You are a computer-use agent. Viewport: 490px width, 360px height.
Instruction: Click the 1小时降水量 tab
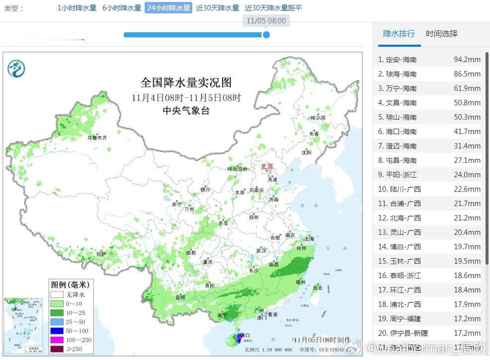tap(77, 8)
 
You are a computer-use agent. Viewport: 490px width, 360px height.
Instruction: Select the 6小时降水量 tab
tap(122, 8)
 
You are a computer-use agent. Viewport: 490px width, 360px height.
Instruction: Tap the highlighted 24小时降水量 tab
tap(168, 8)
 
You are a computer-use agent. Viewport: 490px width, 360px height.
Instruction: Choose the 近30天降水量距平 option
tap(273, 8)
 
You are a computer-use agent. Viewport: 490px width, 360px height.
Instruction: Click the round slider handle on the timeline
tap(266, 35)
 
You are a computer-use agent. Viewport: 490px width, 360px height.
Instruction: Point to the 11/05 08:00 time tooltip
tap(266, 21)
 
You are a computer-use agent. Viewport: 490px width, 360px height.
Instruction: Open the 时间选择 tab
tap(441, 34)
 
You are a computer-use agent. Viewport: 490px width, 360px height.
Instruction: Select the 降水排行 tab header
tap(399, 34)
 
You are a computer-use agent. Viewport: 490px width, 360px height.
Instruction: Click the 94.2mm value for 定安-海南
tap(467, 60)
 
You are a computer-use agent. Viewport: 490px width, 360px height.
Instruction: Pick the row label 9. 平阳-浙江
tap(397, 175)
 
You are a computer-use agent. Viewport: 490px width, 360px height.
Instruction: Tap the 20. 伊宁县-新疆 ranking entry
tap(403, 333)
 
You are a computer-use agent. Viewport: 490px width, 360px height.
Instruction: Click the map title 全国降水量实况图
tap(186, 82)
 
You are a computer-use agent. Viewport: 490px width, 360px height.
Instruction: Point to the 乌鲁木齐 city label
tap(97, 138)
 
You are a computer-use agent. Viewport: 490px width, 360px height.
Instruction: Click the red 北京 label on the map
tap(267, 167)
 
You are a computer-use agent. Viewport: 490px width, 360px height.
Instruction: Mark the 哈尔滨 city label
tap(318, 118)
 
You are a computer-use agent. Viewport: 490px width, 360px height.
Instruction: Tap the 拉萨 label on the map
tap(101, 254)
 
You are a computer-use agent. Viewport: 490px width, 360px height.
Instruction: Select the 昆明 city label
tap(180, 297)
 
